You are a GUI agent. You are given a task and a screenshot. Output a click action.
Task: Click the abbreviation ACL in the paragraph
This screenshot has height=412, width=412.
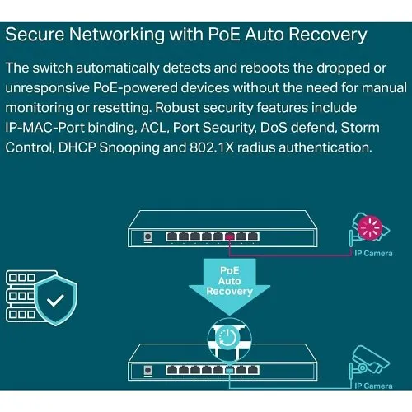(176, 127)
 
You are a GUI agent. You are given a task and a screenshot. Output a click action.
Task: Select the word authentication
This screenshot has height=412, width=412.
(330, 147)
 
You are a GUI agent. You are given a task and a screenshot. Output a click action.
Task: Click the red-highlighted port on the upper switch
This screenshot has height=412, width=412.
(233, 236)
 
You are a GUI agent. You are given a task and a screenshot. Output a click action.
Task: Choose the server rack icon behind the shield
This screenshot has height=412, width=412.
(21, 295)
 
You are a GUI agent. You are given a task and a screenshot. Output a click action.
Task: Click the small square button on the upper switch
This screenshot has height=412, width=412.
(148, 236)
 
